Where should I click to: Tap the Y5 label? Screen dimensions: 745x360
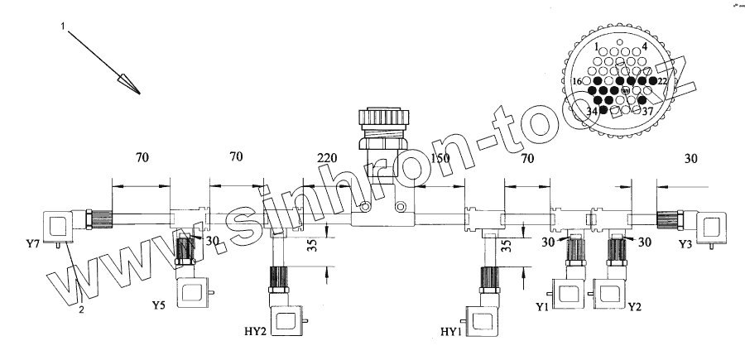pyautogui.click(x=159, y=305)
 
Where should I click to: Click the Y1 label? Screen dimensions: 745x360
pyautogui.click(x=543, y=307)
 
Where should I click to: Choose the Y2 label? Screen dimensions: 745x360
pyautogui.click(x=635, y=307)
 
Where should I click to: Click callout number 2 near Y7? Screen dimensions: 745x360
pyautogui.click(x=81, y=310)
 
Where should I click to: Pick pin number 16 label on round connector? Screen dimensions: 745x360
pyautogui.click(x=577, y=82)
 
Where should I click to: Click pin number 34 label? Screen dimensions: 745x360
pyautogui.click(x=591, y=112)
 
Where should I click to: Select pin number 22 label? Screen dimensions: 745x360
pyautogui.click(x=663, y=81)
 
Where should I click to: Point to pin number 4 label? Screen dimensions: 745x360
pyautogui.click(x=644, y=46)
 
